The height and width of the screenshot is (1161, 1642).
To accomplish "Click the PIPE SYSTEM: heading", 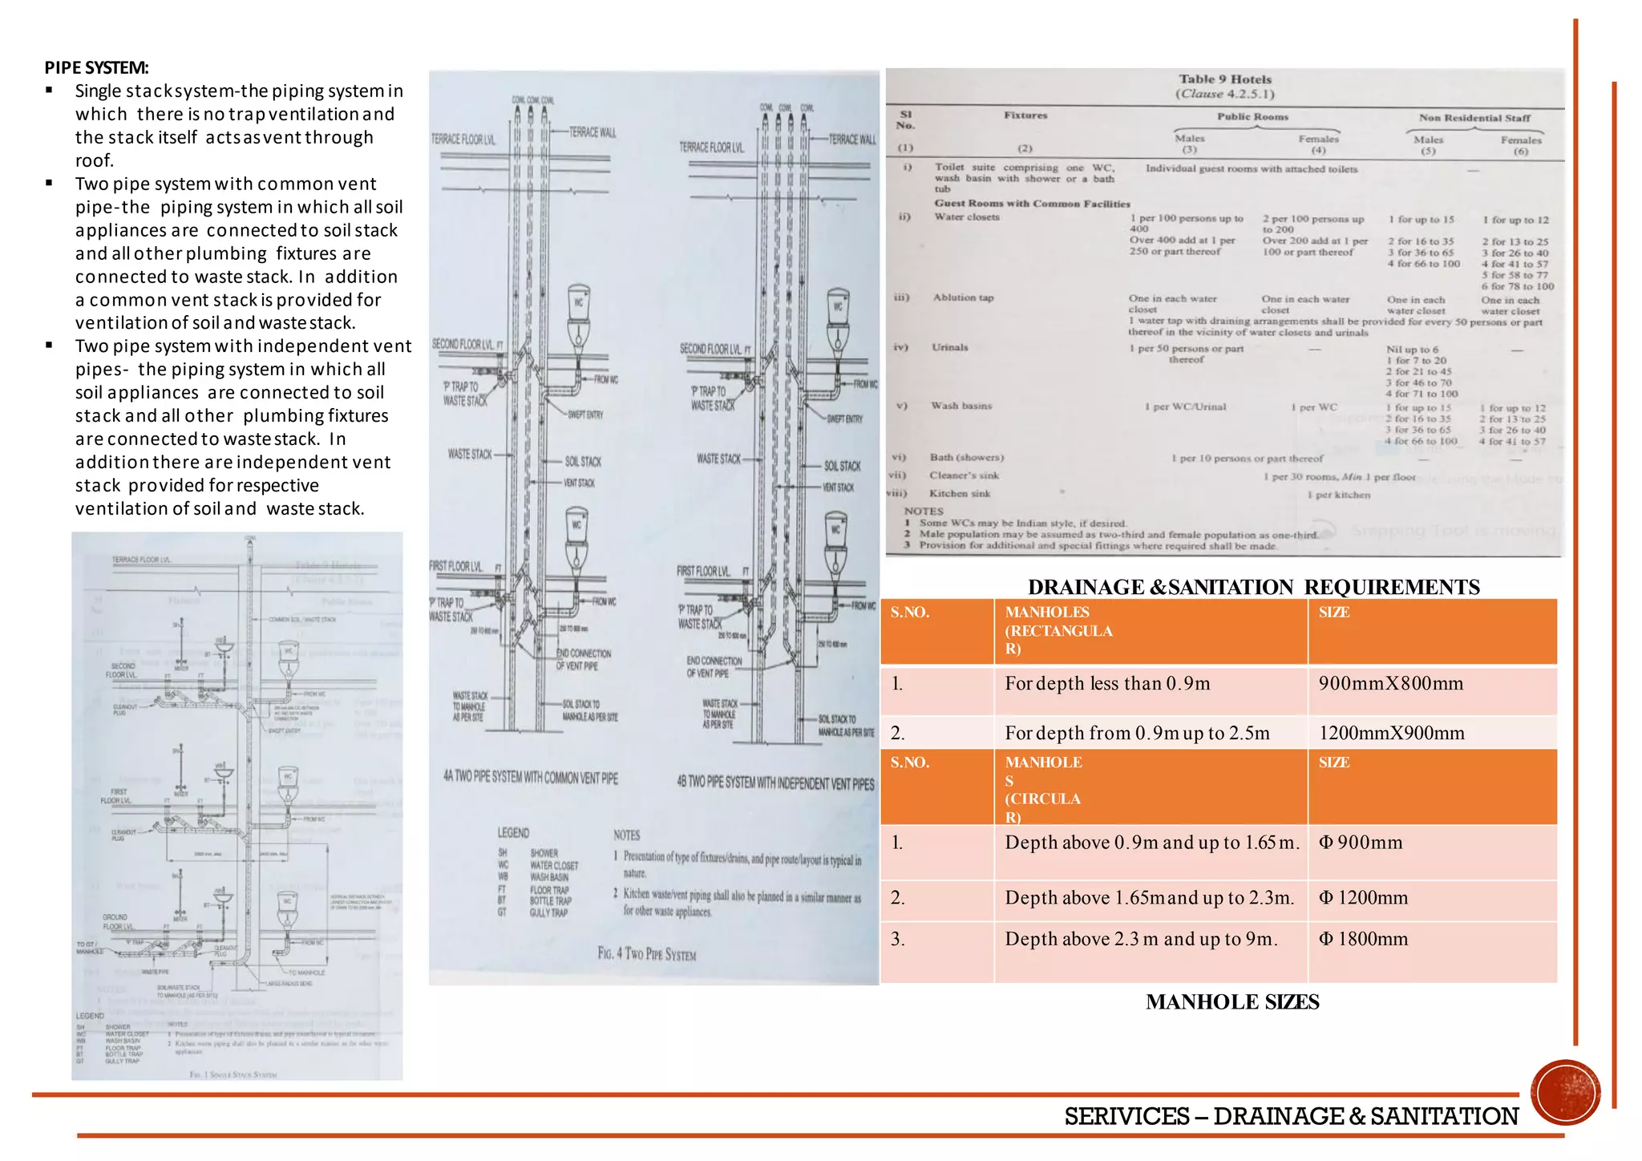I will click(x=96, y=67).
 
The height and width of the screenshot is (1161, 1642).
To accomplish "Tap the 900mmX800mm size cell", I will click(x=1390, y=684).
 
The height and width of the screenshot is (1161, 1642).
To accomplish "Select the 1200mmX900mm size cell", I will click(x=1391, y=733).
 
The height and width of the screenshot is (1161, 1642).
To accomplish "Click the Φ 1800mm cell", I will click(x=1363, y=939).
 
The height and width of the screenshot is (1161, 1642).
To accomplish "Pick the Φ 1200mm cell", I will click(x=1363, y=898).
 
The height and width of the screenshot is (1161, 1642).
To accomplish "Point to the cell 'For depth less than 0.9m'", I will click(x=1107, y=684).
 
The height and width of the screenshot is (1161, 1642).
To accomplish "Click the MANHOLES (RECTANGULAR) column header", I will click(x=1058, y=631).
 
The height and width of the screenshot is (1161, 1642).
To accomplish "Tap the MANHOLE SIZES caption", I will click(x=1232, y=1002).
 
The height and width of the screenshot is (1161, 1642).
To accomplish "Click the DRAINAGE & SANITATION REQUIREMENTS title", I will click(x=1253, y=587).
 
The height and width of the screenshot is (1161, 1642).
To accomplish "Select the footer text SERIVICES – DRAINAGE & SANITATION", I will click(x=1291, y=1116).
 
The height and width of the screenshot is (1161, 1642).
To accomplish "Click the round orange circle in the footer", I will click(x=1565, y=1093).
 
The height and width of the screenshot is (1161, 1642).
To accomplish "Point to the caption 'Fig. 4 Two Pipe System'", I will click(x=646, y=954).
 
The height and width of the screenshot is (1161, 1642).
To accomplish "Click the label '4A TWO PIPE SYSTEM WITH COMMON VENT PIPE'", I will click(x=530, y=778).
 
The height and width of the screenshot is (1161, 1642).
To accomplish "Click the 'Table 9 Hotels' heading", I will click(x=1224, y=79).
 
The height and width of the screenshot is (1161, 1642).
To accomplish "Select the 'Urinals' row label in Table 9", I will click(x=949, y=347).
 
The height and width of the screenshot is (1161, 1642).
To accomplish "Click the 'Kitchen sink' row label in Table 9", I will click(x=960, y=494).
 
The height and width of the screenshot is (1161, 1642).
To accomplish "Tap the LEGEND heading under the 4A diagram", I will click(x=513, y=833).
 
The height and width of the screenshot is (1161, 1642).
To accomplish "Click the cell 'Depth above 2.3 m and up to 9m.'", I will click(x=1141, y=939).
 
